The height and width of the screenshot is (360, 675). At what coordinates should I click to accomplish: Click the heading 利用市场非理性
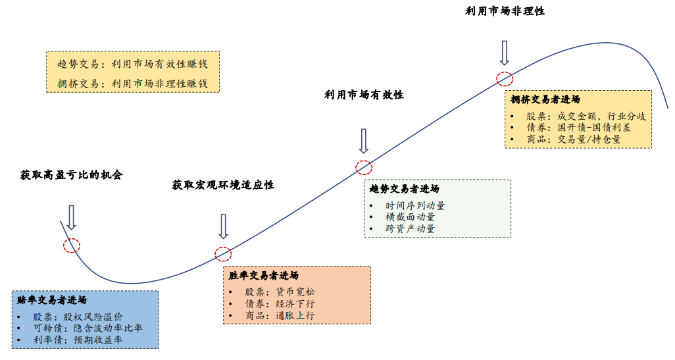point(505,11)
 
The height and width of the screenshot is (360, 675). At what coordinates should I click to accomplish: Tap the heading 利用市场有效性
point(364,95)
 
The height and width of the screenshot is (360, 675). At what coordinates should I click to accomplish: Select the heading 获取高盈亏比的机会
point(71,175)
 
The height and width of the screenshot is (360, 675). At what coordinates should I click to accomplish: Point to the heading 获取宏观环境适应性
point(223,185)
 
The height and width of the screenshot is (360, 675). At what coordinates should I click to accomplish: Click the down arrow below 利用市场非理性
point(505,52)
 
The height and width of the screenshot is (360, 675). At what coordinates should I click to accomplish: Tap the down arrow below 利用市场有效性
point(364,140)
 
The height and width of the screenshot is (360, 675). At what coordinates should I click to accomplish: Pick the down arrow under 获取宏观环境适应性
point(223,226)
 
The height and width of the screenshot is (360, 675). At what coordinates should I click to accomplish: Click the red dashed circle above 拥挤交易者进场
point(505,78)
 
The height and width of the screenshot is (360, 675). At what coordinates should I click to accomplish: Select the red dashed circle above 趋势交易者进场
point(364,167)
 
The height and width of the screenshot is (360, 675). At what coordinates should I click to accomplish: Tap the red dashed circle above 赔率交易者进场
point(71,245)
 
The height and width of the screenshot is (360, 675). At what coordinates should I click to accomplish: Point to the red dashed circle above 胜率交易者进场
point(223,253)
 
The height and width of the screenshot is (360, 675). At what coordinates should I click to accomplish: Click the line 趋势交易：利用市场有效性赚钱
point(132,64)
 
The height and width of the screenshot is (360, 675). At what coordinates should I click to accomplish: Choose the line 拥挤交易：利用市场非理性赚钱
point(132,84)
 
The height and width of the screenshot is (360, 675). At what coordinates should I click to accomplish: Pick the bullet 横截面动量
point(410,217)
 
